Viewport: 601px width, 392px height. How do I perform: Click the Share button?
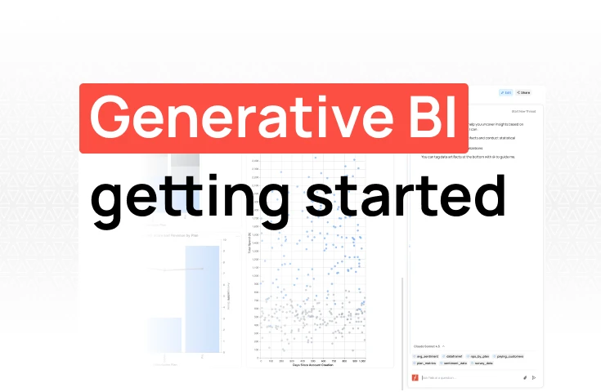[x=523, y=93]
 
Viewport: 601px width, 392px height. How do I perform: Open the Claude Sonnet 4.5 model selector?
[x=428, y=346]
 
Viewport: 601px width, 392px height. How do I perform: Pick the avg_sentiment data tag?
[x=427, y=356]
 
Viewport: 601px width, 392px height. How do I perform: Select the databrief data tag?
[x=455, y=356]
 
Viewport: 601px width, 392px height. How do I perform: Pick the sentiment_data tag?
[x=457, y=363]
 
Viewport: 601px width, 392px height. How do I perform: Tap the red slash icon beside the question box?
[x=415, y=377]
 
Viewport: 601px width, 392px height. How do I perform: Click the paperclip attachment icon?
[x=524, y=377]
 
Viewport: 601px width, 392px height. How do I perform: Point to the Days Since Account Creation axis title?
[x=309, y=365]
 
